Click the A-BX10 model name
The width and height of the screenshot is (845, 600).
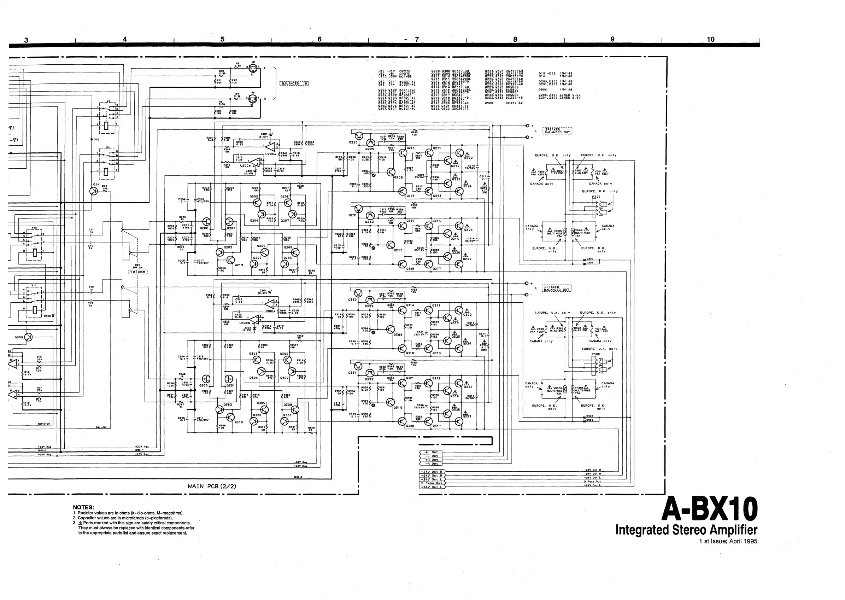709,509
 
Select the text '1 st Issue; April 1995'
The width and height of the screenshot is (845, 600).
728,541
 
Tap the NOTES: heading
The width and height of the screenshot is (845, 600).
83,507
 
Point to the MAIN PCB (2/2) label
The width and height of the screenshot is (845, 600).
212,486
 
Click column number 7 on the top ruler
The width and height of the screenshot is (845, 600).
417,39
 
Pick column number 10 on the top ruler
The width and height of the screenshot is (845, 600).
710,39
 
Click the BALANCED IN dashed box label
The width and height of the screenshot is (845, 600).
294,83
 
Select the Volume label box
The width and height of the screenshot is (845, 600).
138,272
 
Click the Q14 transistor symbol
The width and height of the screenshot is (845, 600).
94,191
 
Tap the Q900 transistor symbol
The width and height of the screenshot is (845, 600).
28,337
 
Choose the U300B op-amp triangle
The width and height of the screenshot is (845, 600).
254,319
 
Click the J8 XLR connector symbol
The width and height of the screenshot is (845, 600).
253,69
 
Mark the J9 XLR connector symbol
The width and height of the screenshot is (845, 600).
253,99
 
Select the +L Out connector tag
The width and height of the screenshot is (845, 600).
431,452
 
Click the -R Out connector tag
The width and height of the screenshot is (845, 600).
431,464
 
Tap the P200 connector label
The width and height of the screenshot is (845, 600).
596,197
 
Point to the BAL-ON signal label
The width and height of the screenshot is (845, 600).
101,427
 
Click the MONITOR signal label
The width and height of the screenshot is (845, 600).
44,424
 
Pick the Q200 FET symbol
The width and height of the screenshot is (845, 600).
206,222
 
